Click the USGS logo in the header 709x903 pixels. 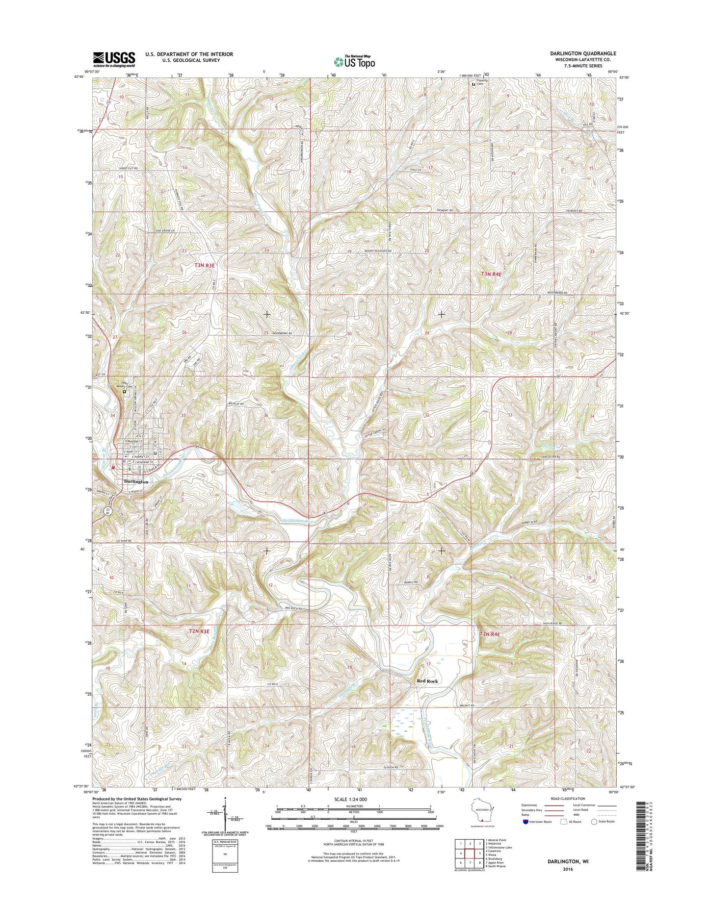pyautogui.click(x=114, y=59)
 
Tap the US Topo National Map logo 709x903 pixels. pyautogui.click(x=355, y=61)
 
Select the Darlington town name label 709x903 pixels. pyautogui.click(x=136, y=481)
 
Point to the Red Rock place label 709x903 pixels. pyautogui.click(x=427, y=681)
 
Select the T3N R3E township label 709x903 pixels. pyautogui.click(x=205, y=265)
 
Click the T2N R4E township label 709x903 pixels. pyautogui.click(x=490, y=634)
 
